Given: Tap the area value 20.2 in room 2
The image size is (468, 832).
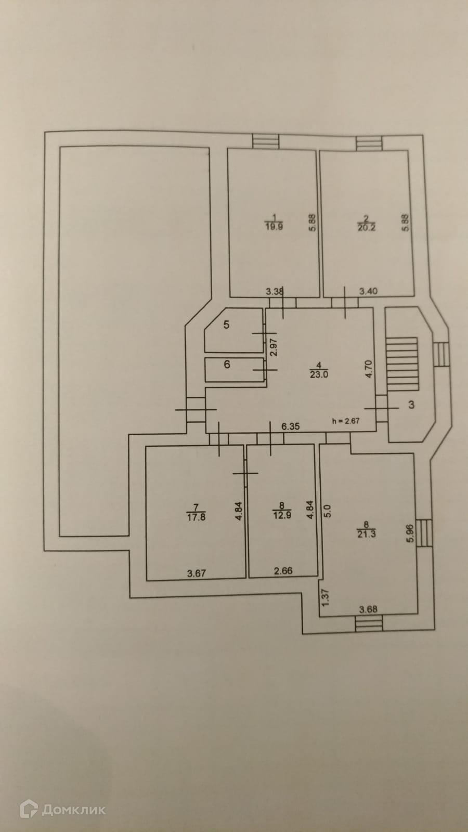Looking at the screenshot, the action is tap(366, 227).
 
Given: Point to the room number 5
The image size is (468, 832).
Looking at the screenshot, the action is tap(226, 325).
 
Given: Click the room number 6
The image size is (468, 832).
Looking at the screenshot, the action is tap(227, 365).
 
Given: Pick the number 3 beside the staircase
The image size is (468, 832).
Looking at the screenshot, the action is tap(411, 405).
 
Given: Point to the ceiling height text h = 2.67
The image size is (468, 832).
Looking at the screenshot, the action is tap(346, 421).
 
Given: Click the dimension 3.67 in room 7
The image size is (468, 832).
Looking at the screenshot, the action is tap(197, 574).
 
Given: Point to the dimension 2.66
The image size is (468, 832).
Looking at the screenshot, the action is tap(283, 571).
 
